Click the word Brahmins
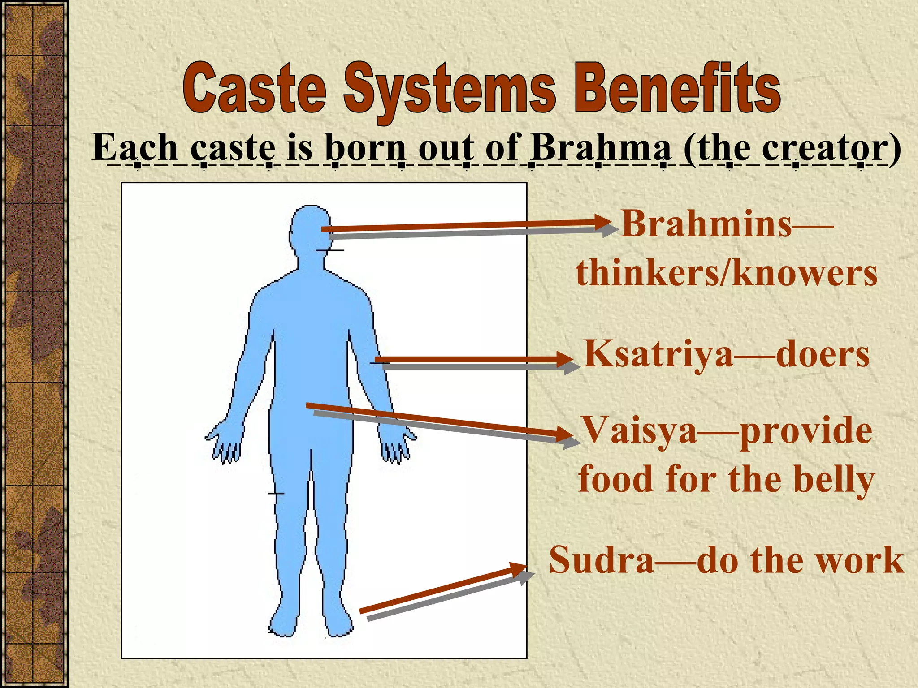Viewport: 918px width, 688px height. click(707, 224)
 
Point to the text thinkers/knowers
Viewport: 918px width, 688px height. click(726, 274)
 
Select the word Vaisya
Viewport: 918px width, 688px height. click(639, 430)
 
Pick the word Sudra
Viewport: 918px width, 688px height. click(601, 560)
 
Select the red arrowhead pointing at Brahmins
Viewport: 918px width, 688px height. click(603, 222)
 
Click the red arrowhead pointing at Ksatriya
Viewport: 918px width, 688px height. click(565, 360)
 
